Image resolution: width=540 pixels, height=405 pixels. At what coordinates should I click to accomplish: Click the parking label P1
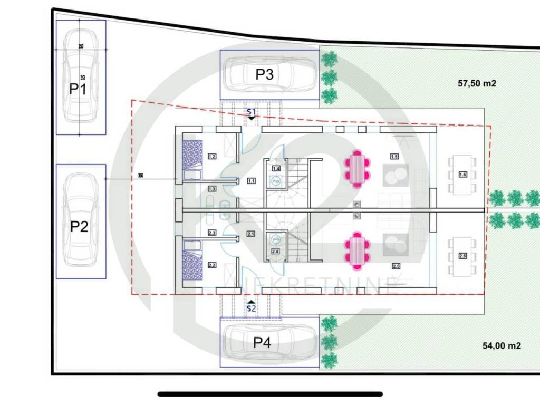[78, 89]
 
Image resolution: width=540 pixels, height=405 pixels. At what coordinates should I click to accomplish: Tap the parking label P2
[79, 227]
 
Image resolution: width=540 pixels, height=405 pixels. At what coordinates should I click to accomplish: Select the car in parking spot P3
[269, 74]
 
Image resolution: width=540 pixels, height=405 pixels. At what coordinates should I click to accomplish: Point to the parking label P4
[262, 343]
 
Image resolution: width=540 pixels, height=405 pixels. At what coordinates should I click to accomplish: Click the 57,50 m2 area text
[477, 83]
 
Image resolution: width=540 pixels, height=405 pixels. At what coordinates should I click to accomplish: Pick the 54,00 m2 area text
[502, 346]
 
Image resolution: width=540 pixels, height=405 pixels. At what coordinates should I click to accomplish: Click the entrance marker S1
[251, 112]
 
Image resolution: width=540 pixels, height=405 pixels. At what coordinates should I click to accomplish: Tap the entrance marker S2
[251, 308]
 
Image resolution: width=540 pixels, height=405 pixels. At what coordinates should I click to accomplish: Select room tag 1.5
[394, 156]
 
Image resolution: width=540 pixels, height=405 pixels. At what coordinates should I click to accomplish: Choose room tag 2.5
[396, 266]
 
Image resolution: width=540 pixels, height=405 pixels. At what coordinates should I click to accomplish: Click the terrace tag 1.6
[462, 175]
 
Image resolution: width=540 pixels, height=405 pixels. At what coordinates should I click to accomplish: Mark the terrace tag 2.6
[462, 256]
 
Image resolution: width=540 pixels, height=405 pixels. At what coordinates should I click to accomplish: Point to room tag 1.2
[212, 156]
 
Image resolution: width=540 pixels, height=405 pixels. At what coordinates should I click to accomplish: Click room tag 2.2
[212, 265]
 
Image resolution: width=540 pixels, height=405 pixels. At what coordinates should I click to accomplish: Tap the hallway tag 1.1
[251, 181]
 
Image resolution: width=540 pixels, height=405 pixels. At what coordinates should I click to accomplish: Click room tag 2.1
[250, 234]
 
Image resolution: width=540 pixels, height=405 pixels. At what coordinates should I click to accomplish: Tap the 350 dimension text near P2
[140, 176]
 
